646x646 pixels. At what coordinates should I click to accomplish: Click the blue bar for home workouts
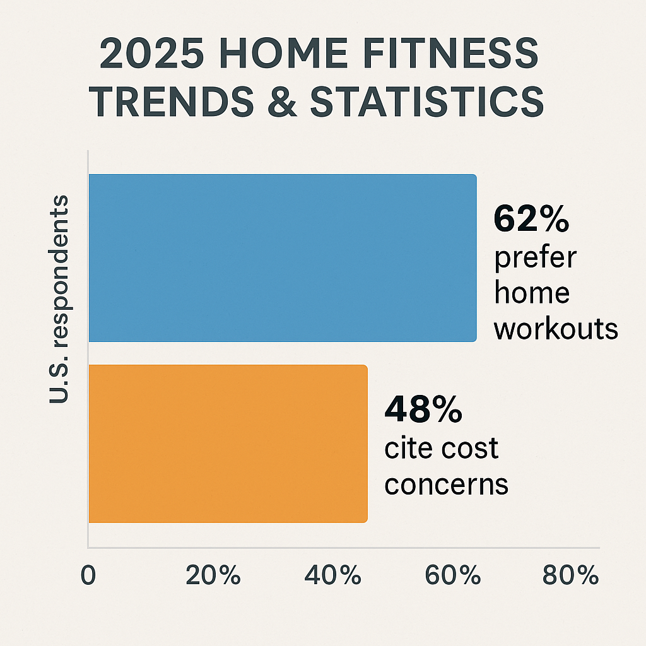(282, 257)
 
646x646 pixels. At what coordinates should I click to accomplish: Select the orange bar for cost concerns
(227, 443)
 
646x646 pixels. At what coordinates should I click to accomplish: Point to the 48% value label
(423, 410)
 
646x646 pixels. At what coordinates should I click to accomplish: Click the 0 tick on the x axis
(88, 575)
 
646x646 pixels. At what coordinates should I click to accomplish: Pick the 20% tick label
(213, 575)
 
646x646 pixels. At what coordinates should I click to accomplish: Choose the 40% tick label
(332, 575)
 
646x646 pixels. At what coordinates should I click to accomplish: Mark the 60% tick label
(451, 575)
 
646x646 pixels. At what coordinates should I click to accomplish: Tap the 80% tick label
(569, 575)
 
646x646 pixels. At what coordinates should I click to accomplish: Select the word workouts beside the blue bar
(555, 329)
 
